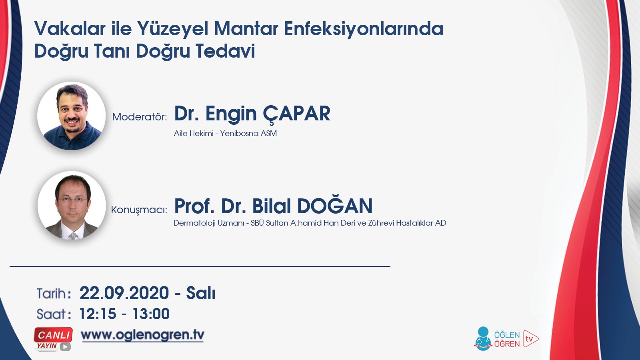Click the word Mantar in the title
tap(246, 29)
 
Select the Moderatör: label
tap(139, 117)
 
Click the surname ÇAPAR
tap(296, 114)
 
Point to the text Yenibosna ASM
tap(248, 134)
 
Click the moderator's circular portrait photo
tap(72, 116)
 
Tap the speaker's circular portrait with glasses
tap(72, 206)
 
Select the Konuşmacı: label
tap(139, 210)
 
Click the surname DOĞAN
tap(334, 206)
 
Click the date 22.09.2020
tap(124, 293)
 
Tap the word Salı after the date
tap(201, 293)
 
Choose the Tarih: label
tap(54, 294)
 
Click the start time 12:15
tap(98, 314)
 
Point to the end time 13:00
tap(151, 314)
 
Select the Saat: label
tap(54, 314)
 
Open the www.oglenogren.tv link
tap(142, 335)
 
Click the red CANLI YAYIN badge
tap(54, 339)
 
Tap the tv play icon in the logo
tap(530, 339)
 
